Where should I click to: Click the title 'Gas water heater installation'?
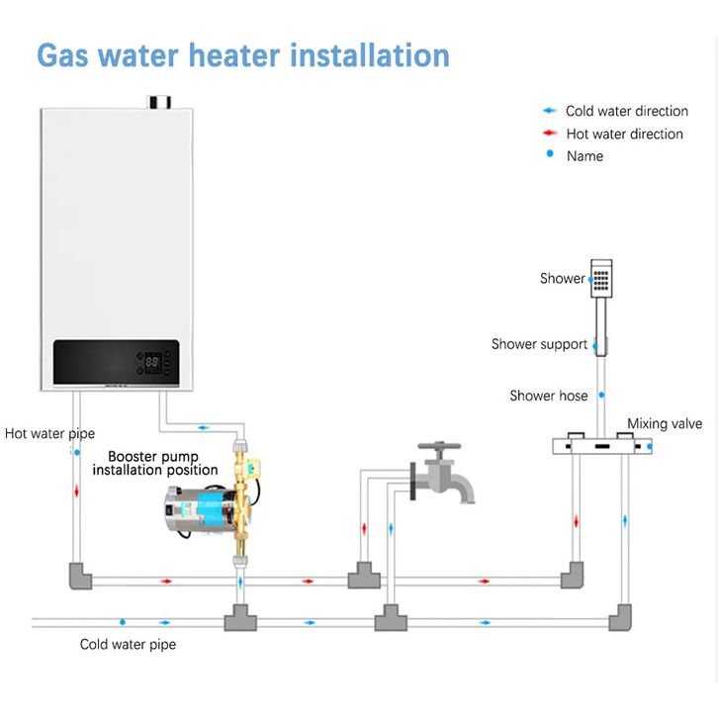(x=242, y=54)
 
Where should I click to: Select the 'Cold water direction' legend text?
(x=626, y=111)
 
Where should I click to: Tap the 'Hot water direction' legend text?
(x=624, y=134)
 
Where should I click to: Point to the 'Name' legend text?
(x=584, y=155)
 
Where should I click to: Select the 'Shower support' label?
(x=539, y=344)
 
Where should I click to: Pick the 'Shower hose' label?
(x=548, y=396)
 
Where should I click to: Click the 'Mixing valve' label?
(x=665, y=423)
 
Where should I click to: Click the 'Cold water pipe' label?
(x=128, y=645)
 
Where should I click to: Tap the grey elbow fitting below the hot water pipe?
(x=78, y=575)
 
